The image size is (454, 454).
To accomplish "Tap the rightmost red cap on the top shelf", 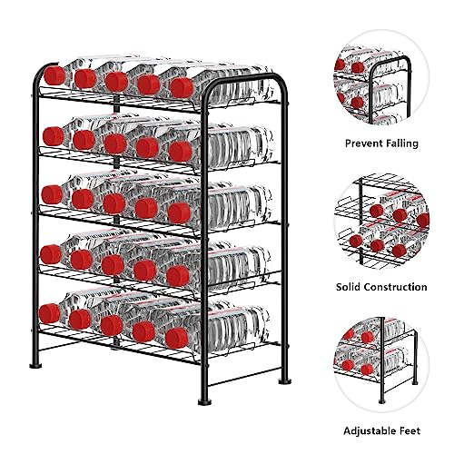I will pos(182,87).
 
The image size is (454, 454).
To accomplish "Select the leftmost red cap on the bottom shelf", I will pos(51,313).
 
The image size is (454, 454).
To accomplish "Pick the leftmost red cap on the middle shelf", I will pos(52,193).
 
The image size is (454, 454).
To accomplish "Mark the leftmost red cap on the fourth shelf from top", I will pos(51,254).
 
